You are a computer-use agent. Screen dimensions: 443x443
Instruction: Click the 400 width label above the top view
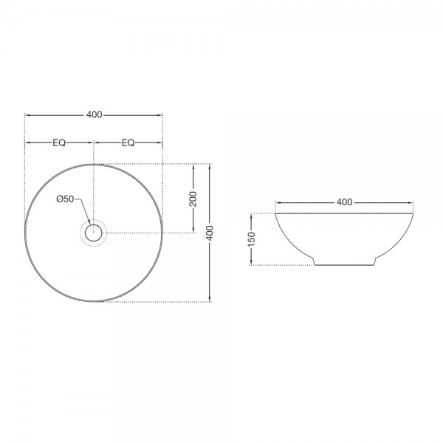(x=95, y=114)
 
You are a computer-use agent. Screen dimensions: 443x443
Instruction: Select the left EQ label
(x=59, y=142)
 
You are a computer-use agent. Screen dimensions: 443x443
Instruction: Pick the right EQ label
(x=128, y=142)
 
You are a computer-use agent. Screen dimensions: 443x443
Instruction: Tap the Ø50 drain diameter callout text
(x=65, y=199)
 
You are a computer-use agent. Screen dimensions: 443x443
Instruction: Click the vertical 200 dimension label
(x=193, y=199)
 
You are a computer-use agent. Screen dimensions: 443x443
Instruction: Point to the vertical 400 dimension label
(x=210, y=233)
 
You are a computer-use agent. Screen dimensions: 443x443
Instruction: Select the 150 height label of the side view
(x=252, y=239)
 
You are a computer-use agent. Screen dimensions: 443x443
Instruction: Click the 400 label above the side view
(x=344, y=202)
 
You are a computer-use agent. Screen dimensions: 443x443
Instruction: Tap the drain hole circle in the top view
(x=94, y=225)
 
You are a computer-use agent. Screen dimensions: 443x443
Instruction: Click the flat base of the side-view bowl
(x=345, y=265)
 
